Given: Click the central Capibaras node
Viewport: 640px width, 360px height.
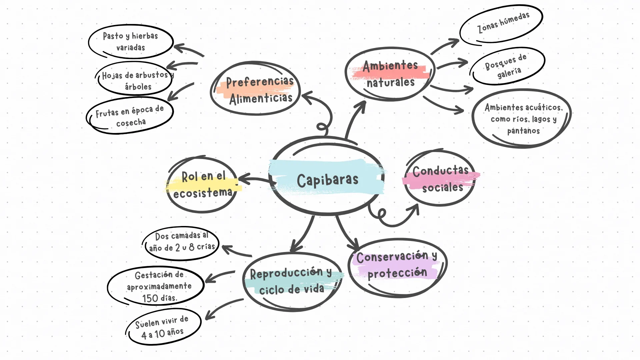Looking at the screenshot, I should coord(327,180).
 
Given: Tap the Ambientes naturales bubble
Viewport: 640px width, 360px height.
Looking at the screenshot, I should coord(390,74).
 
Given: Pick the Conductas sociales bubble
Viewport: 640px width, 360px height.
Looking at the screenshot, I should coord(440,179).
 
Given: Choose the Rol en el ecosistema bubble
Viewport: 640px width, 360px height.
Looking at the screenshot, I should coord(203,184).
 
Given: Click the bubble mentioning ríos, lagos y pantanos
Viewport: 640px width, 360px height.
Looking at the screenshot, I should coord(523,118).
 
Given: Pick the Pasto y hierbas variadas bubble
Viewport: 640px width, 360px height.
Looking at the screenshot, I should coord(131,41).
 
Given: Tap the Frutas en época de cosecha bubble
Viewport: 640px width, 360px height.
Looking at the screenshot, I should coord(130,116).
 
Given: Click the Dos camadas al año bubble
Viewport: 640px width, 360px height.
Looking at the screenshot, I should coord(182,242).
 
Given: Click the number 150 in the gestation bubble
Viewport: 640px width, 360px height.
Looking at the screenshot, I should coord(150,298).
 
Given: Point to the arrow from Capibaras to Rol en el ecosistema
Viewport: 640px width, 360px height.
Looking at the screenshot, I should coord(255,180).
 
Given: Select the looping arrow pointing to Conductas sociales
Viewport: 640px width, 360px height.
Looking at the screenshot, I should coord(393,220).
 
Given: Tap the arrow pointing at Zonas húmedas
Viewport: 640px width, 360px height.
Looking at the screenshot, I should coord(445,46).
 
